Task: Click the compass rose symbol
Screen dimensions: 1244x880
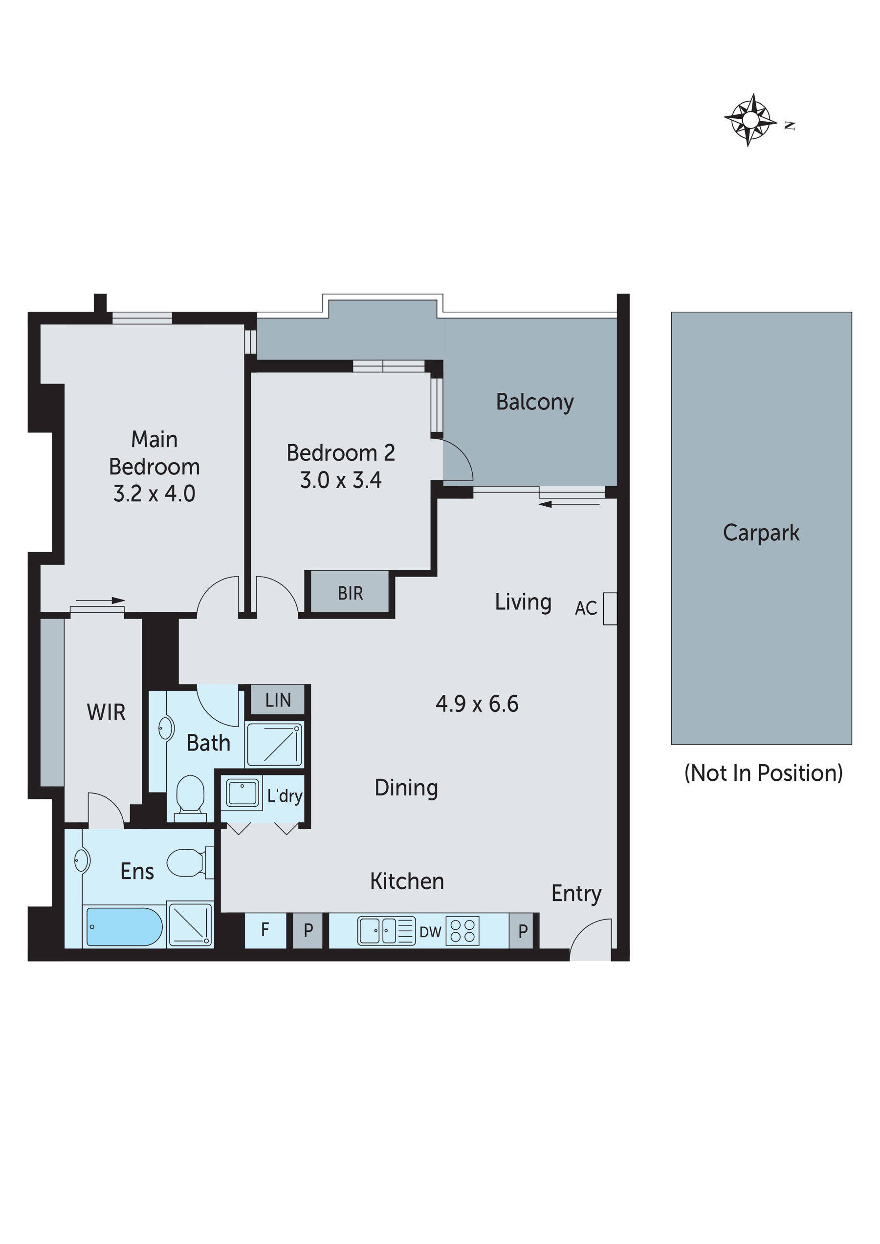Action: pos(750,120)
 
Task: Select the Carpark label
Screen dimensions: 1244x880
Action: pos(760,533)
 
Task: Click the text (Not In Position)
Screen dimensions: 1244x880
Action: pos(763,772)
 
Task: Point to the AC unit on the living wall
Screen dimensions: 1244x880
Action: pos(610,608)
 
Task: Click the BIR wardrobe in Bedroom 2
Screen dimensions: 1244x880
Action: pos(350,593)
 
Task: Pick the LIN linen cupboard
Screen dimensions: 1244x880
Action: pos(278,701)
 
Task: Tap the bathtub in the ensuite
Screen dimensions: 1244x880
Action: pos(124,926)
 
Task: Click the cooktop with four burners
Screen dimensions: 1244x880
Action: pos(462,931)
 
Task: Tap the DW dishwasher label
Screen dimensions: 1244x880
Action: pos(430,932)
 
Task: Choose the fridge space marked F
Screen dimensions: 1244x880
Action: pos(264,930)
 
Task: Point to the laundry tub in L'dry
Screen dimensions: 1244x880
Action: pos(242,793)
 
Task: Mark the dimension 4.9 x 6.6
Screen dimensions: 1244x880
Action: pos(477,704)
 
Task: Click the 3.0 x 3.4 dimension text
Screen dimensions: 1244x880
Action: pos(340,480)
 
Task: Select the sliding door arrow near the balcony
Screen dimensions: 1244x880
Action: pos(570,504)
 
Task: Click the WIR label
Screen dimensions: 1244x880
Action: pos(106,712)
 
